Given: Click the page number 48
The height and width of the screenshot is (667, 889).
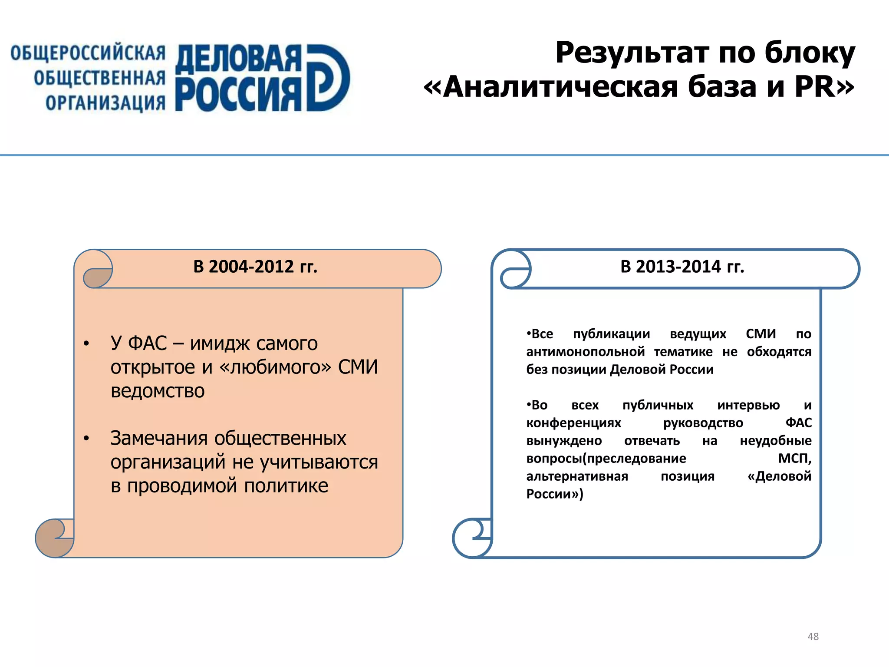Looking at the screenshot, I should point(813,636).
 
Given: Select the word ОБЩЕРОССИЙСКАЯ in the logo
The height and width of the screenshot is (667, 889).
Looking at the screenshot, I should point(88,53).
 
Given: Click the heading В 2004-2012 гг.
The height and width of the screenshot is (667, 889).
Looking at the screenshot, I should point(255,267).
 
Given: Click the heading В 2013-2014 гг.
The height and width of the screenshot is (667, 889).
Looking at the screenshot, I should point(682,267).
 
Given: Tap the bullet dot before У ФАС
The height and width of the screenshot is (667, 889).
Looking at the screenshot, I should point(86,344).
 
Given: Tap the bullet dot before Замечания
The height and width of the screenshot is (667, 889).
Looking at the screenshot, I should point(86,439).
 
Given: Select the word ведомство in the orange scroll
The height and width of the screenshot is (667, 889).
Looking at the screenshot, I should point(158,391).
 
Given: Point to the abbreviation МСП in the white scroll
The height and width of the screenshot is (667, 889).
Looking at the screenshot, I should point(794,458).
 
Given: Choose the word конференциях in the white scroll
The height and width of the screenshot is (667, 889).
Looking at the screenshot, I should point(573,423).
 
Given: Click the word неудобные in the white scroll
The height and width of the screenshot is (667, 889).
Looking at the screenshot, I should point(775,441).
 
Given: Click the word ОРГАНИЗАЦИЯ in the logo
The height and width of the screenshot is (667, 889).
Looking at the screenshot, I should point(105,103).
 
